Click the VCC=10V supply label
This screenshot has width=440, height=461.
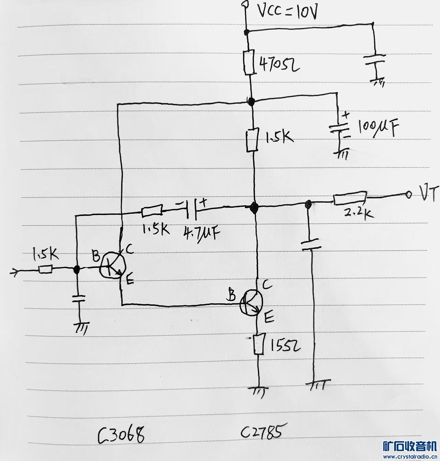(x=287, y=13)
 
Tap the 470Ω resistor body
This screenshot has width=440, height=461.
(x=249, y=62)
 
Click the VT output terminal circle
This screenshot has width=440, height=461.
(x=409, y=195)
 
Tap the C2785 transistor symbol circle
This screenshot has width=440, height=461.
(x=252, y=303)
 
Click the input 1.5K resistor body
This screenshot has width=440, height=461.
(x=45, y=269)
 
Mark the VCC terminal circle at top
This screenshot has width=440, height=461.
(x=245, y=4)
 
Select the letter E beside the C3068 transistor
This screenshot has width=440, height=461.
(x=130, y=281)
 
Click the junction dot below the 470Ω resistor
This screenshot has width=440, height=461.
(x=251, y=101)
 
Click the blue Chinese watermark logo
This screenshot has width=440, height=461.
(x=410, y=446)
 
